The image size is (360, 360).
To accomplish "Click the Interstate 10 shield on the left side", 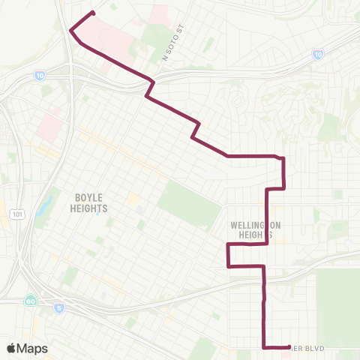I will (38, 76).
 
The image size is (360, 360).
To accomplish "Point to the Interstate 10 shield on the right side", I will (318, 55).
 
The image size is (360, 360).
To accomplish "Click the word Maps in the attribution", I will (32, 348).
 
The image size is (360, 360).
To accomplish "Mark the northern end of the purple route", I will (93, 13).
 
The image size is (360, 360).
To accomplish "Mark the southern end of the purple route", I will (289, 346).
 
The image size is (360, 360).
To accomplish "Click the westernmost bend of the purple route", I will (70, 31).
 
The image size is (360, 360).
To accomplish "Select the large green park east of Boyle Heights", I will (185, 202).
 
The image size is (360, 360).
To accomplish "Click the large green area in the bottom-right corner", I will (337, 300).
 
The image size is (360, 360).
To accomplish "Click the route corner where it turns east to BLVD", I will (264, 346).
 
